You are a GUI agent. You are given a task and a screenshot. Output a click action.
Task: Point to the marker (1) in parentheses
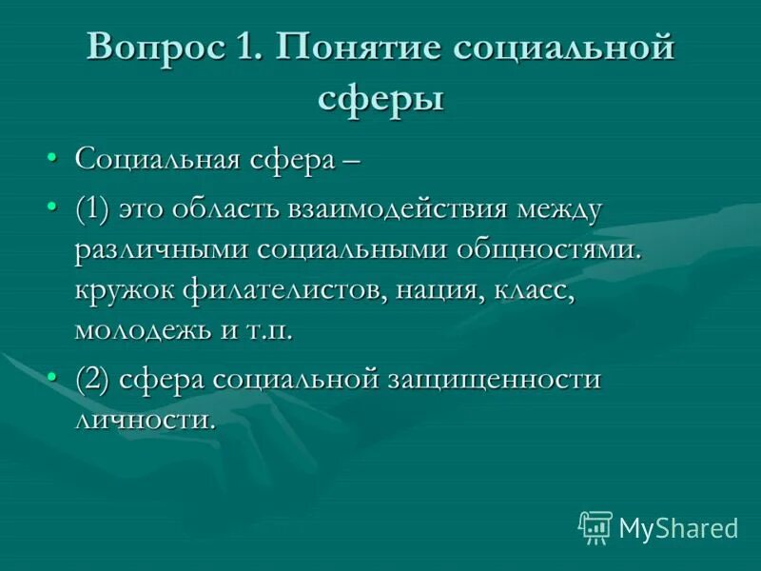(93, 210)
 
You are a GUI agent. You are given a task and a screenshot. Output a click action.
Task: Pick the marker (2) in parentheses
(93, 378)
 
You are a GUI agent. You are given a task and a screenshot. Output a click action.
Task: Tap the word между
(556, 210)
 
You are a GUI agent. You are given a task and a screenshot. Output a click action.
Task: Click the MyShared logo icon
(595, 526)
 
